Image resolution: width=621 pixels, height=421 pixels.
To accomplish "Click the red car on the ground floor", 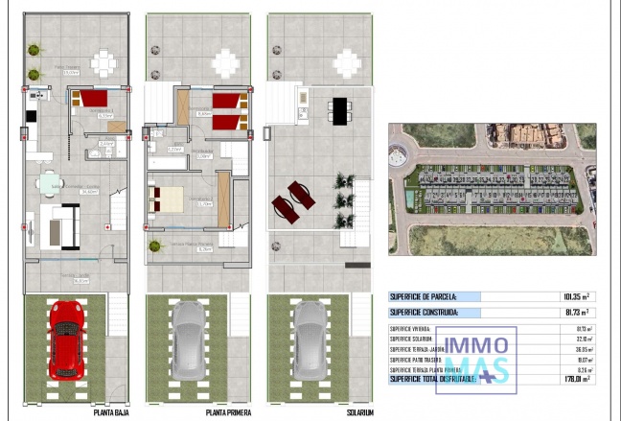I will pyautogui.click(x=65, y=340).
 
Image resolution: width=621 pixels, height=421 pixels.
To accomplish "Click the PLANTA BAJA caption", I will pyautogui.click(x=112, y=413).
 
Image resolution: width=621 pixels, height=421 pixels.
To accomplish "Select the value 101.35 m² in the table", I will pyautogui.click(x=575, y=297).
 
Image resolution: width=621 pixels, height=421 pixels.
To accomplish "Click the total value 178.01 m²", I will pyautogui.click(x=575, y=379).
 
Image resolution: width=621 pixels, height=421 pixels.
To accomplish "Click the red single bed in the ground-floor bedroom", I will pyautogui.click(x=92, y=99).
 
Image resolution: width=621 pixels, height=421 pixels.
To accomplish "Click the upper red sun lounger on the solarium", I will pyautogui.click(x=300, y=194).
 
